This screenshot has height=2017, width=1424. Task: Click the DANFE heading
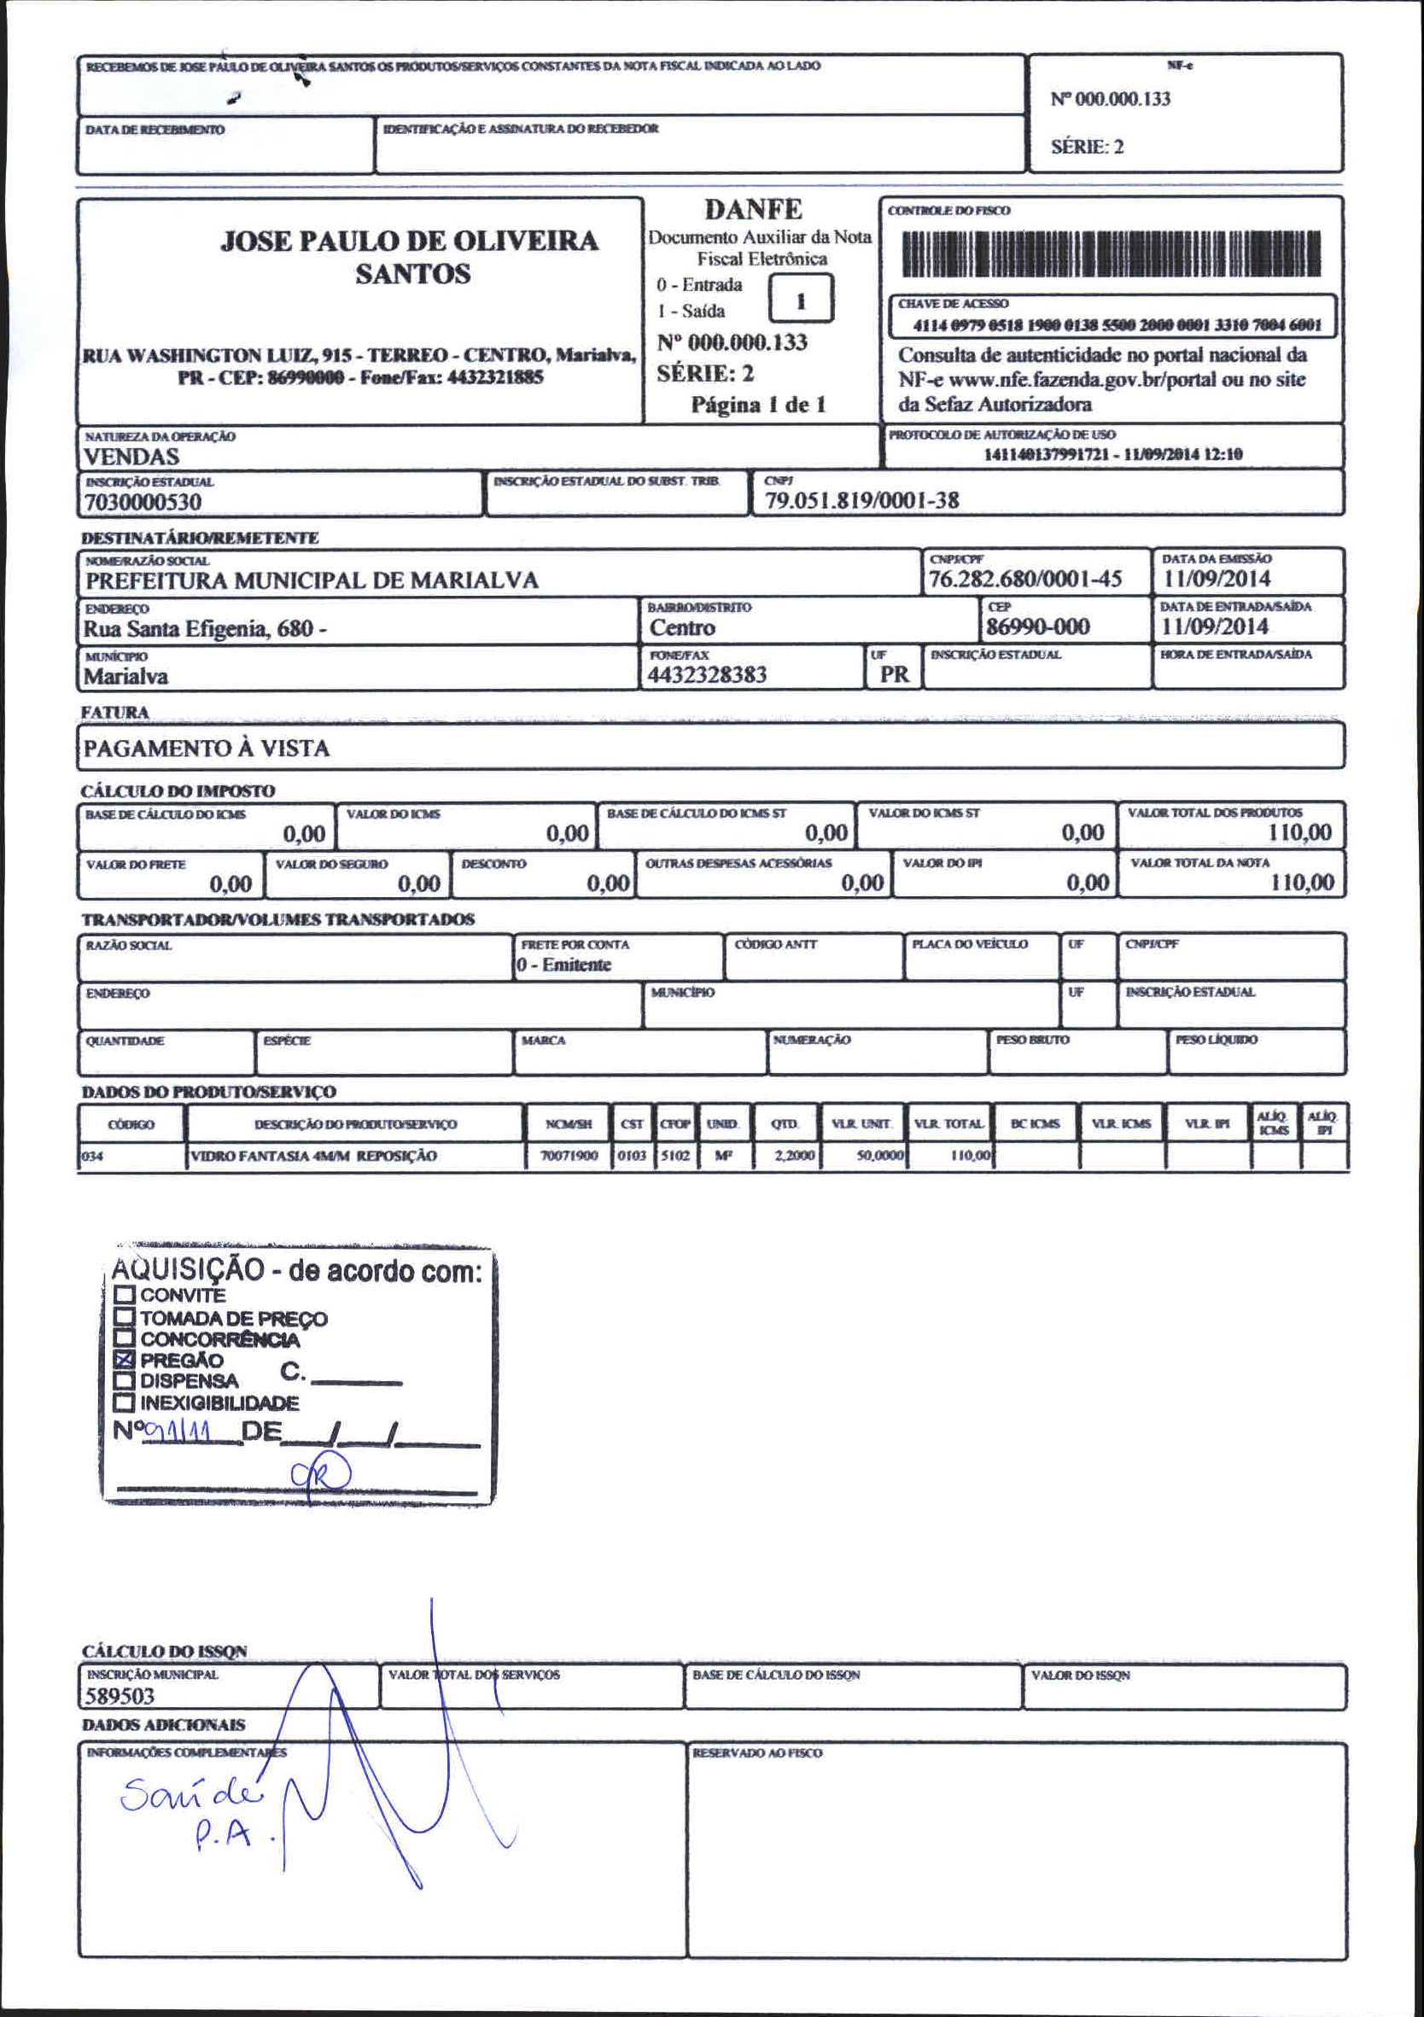753,209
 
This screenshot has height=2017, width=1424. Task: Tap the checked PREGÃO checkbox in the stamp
125,1360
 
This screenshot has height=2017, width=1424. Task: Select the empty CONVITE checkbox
125,1295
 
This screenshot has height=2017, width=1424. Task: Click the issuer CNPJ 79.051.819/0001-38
861,501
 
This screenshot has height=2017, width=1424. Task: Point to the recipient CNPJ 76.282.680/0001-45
1025,579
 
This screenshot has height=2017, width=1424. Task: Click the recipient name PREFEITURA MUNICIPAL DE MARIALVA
312,580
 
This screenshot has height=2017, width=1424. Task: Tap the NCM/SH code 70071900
569,1156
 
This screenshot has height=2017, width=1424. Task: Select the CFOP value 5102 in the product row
674,1156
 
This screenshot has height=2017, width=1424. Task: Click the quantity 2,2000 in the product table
794,1156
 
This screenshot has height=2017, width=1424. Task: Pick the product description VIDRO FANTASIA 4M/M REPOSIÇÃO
313,1156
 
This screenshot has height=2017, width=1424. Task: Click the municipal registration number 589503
120,1696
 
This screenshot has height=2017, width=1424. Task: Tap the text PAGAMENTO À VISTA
207,749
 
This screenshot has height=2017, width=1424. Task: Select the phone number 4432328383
706,675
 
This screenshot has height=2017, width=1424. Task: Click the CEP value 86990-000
1037,627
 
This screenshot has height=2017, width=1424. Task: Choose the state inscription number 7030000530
143,503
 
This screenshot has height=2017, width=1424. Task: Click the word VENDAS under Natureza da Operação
131,457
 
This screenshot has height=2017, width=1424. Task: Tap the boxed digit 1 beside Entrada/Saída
800,300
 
